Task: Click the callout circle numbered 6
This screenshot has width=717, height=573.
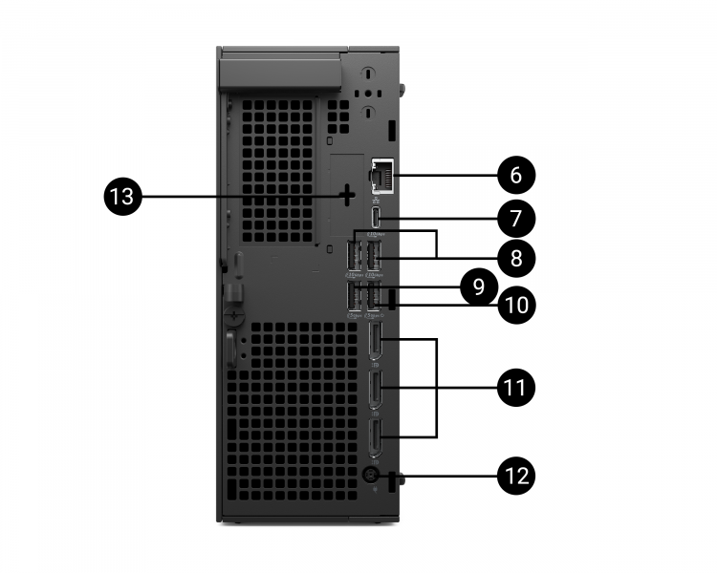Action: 516,176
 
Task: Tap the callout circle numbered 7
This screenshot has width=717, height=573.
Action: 516,218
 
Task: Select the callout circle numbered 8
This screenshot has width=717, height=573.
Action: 516,258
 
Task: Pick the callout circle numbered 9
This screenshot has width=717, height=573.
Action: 478,285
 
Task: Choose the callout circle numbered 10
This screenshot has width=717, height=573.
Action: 516,306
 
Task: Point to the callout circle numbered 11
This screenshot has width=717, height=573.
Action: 516,387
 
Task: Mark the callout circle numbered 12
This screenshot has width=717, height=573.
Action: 516,475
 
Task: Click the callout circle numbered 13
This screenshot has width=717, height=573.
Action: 123,197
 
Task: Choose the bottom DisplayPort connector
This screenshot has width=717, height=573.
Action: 376,437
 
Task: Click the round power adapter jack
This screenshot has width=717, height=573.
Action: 370,475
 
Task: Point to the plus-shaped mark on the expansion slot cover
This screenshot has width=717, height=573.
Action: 345,197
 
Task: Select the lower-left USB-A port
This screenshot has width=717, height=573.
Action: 356,297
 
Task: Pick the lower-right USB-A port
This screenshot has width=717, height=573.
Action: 374,297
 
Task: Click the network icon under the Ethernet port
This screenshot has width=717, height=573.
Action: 376,200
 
